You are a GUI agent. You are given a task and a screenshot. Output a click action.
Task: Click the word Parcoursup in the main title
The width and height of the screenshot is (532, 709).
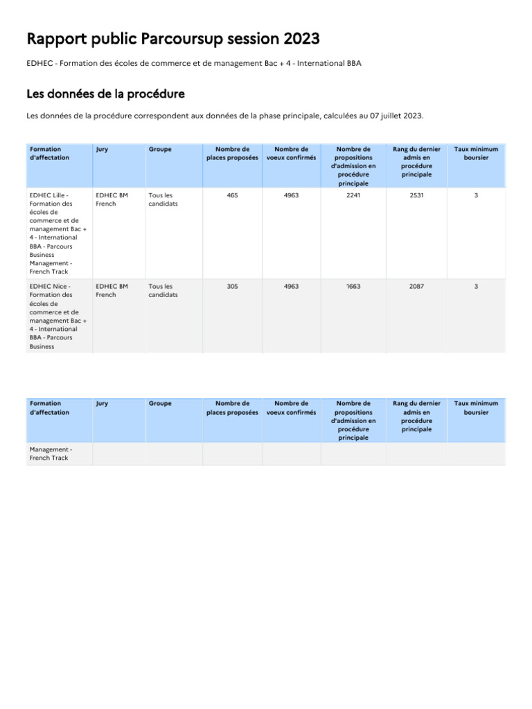[x=183, y=38]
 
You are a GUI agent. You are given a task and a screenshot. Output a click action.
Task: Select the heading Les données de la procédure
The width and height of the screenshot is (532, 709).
[x=105, y=93]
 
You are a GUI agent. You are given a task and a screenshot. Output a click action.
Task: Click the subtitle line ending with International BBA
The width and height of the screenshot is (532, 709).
[x=194, y=64]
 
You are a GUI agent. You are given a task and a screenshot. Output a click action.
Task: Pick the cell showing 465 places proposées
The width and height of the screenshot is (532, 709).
[x=232, y=196]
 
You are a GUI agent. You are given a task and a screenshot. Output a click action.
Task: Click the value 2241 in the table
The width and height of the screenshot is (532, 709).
[x=353, y=196]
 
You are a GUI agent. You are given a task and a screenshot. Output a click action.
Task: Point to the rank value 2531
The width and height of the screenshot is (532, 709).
[x=416, y=196]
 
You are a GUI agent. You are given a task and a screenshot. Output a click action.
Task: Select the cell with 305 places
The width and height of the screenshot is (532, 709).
[x=232, y=287]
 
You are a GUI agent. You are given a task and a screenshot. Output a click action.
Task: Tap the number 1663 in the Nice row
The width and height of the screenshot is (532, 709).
[x=353, y=287]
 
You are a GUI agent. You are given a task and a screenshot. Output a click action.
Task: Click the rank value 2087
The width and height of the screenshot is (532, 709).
[x=416, y=287]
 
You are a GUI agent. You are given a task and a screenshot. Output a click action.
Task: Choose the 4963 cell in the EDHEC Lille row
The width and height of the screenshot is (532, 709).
[x=291, y=196]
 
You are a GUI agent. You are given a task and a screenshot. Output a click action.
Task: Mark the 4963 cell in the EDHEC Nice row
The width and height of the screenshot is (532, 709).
[x=291, y=287]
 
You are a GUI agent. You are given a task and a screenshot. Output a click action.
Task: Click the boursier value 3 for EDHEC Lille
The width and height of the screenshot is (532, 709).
[x=476, y=196]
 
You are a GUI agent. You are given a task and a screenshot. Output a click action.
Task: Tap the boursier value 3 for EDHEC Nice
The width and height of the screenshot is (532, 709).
[x=476, y=287]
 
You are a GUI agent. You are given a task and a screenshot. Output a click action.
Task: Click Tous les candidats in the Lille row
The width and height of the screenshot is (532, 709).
[x=163, y=200]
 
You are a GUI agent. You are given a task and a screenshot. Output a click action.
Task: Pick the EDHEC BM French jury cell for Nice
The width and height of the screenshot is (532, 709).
[x=112, y=290]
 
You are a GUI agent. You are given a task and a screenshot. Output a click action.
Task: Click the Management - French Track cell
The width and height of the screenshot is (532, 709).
[x=51, y=454]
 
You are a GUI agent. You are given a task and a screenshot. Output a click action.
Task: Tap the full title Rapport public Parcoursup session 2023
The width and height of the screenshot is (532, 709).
[x=173, y=38]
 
